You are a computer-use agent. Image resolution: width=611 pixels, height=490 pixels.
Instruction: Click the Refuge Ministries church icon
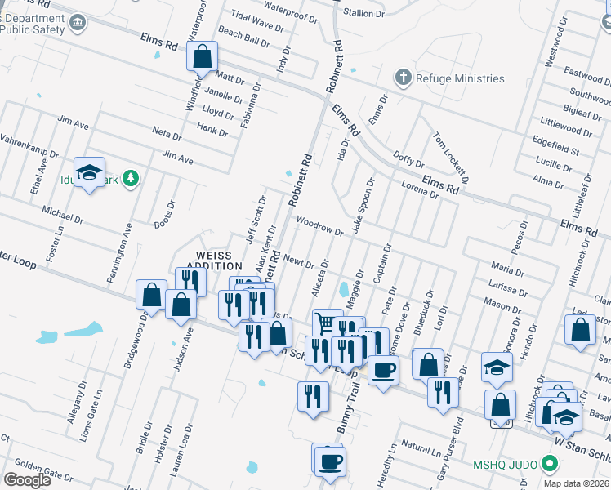click(x=403, y=78)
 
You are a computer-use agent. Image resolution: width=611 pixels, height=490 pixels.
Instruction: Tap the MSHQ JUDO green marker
click(x=550, y=465)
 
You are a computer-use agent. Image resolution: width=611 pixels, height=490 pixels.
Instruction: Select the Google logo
click(x=27, y=480)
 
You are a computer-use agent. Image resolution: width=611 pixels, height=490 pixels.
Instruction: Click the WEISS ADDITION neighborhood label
click(x=215, y=260)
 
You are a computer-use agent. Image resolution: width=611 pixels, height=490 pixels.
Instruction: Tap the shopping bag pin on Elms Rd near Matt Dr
click(x=202, y=57)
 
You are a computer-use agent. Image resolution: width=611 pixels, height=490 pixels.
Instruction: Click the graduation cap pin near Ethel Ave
click(x=89, y=172)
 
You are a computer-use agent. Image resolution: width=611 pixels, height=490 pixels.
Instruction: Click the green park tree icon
click(x=132, y=180)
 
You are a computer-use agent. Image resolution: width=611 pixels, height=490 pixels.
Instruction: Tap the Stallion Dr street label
click(x=363, y=13)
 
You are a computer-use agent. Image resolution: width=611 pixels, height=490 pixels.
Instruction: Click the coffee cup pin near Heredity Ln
click(x=329, y=460)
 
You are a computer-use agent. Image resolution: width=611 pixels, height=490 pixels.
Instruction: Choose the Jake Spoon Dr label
click(x=363, y=205)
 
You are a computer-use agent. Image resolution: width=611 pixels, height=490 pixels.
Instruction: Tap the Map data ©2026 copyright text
click(x=575, y=483)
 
